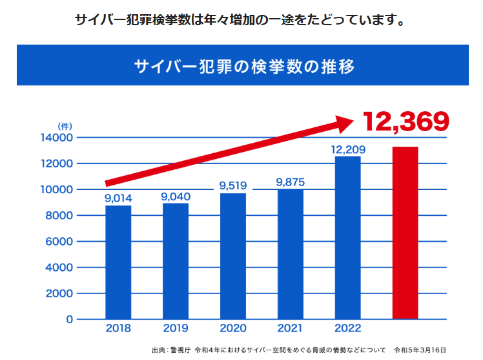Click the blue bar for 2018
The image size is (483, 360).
click(118, 262)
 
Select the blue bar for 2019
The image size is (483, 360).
click(176, 261)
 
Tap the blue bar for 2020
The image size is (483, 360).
click(233, 256)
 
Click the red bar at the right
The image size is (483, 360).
click(406, 233)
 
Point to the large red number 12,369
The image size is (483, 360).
click(406, 121)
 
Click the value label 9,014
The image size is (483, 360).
click(118, 198)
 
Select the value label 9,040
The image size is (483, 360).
click(176, 196)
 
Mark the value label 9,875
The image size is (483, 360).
click(290, 182)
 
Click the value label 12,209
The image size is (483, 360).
click(348, 149)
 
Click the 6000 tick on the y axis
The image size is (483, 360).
click(60, 242)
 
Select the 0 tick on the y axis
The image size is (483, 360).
click(69, 319)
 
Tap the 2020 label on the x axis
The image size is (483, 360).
click(233, 329)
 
